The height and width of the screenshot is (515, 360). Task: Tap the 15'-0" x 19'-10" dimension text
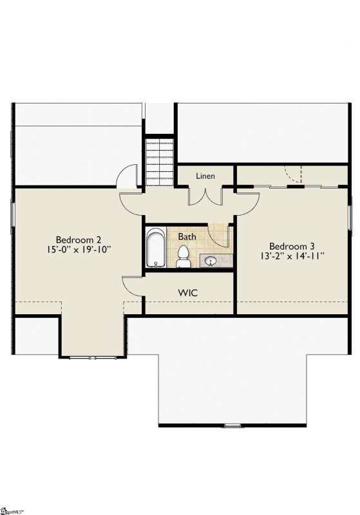(78, 250)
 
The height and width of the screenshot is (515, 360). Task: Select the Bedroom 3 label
(292, 246)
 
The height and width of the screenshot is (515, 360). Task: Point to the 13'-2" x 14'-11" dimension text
(292, 256)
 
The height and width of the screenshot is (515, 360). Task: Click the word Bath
(187, 236)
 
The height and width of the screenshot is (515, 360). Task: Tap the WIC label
(188, 292)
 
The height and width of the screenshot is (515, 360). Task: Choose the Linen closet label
(205, 176)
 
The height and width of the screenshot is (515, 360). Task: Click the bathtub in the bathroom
(156, 247)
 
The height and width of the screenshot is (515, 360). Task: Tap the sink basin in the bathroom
(210, 261)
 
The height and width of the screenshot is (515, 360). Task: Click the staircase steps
(160, 162)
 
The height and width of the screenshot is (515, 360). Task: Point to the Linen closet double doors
(205, 197)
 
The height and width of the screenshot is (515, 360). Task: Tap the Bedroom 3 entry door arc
(248, 204)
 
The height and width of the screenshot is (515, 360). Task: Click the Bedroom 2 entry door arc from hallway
(130, 204)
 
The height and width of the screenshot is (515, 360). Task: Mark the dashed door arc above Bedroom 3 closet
(292, 174)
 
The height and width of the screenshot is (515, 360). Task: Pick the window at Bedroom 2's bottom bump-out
(92, 357)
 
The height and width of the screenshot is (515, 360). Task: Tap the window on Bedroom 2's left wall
(13, 214)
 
